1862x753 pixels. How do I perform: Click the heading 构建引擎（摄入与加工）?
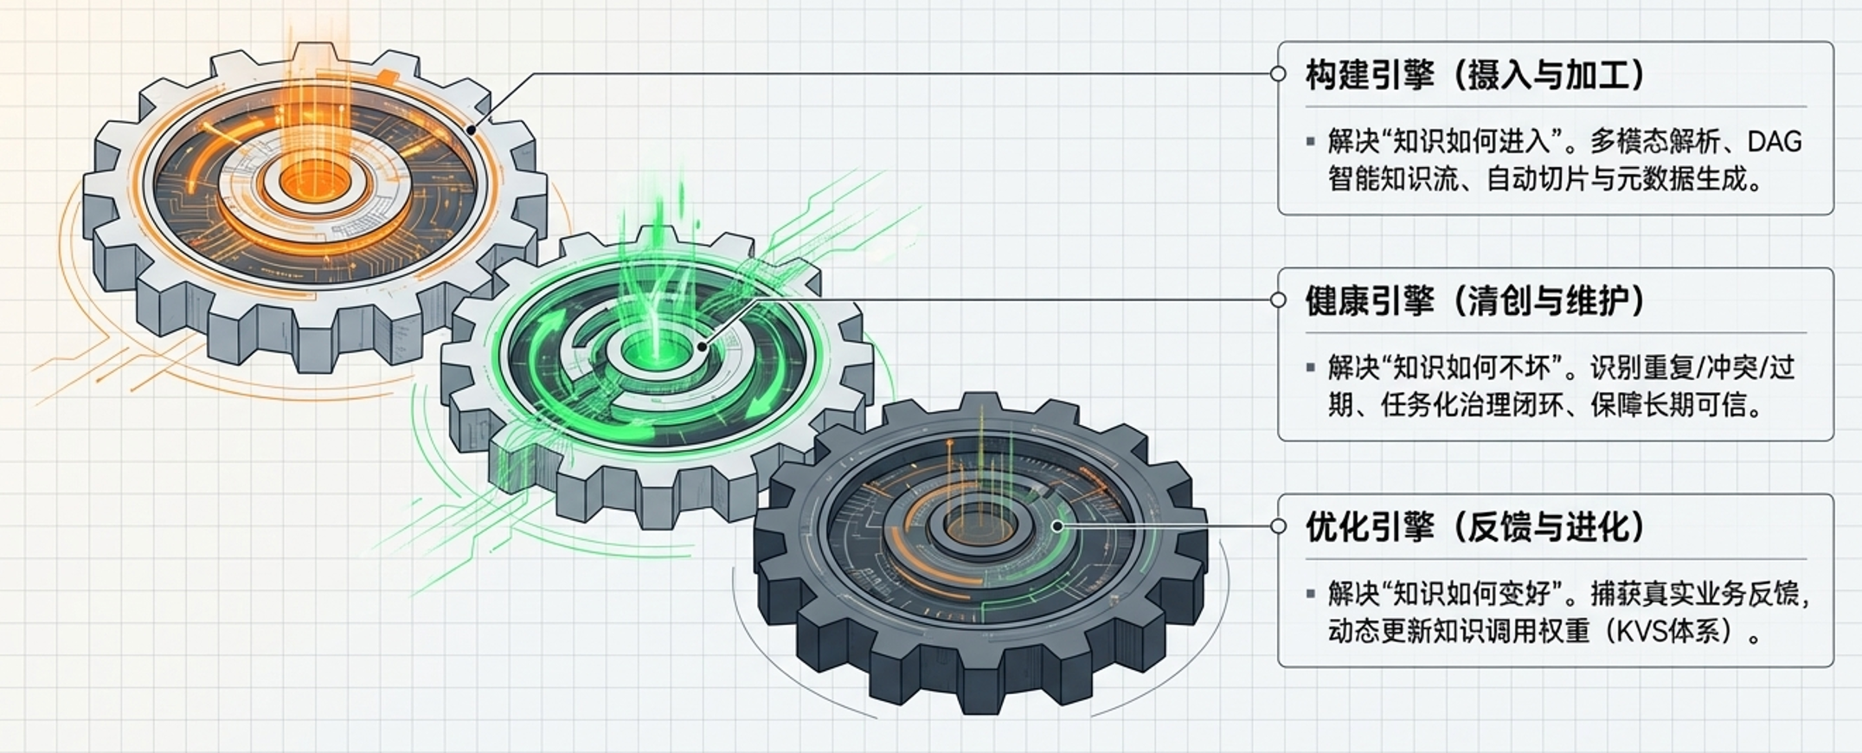click(x=1475, y=75)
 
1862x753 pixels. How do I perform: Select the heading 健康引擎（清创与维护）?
click(x=1475, y=300)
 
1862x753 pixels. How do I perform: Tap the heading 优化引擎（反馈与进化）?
click(x=1475, y=526)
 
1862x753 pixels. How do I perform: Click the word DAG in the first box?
click(x=1773, y=141)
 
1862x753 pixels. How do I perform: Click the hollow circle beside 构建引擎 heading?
click(x=1278, y=74)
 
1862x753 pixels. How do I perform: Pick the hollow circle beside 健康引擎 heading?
click(x=1278, y=299)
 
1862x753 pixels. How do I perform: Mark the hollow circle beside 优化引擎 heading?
click(x=1278, y=525)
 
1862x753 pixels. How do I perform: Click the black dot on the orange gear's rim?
click(x=472, y=131)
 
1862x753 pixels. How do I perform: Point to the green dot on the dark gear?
click(x=1056, y=525)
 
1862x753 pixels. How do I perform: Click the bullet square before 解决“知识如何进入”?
click(x=1311, y=141)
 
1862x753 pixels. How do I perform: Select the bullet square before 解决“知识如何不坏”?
click(x=1311, y=368)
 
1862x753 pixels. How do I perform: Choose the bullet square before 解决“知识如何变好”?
click(x=1311, y=594)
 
